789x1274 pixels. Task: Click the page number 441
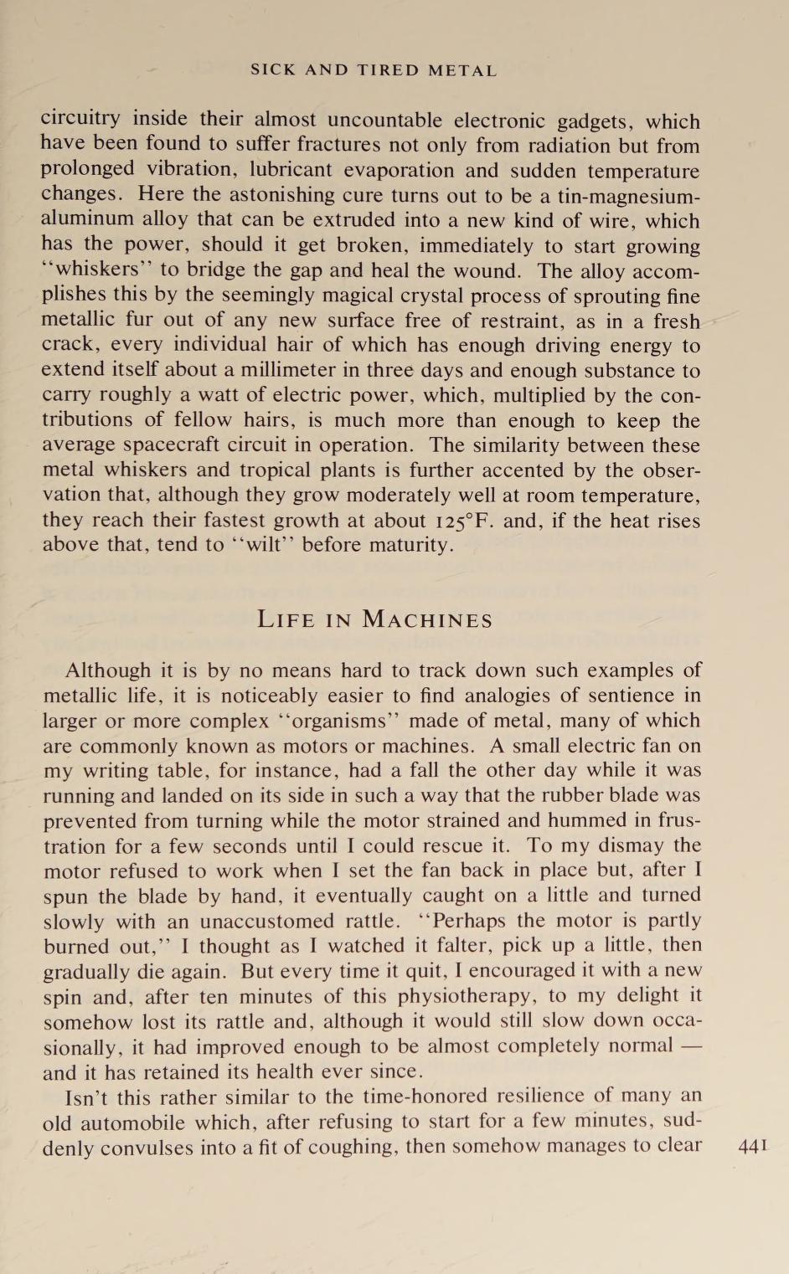tap(752, 1146)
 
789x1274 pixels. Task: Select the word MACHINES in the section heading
tap(427, 620)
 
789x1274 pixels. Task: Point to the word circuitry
tap(80, 120)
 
